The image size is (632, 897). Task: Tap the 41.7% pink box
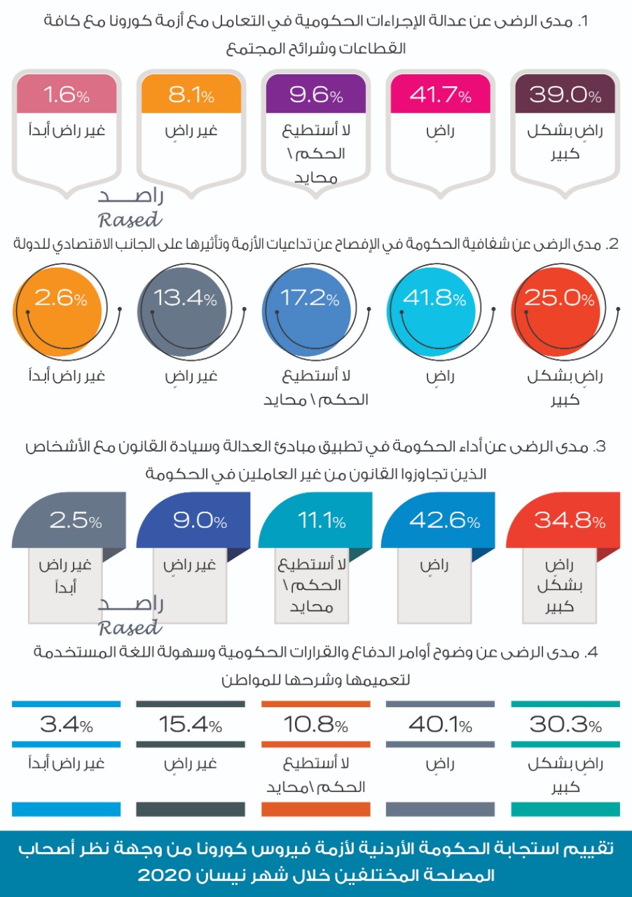click(x=440, y=95)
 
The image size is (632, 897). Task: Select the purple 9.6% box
click(x=315, y=95)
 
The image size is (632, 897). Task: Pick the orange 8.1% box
click(x=191, y=95)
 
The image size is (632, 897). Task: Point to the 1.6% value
click(x=66, y=95)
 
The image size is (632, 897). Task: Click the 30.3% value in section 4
click(x=565, y=725)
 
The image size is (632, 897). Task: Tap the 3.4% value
click(x=66, y=725)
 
